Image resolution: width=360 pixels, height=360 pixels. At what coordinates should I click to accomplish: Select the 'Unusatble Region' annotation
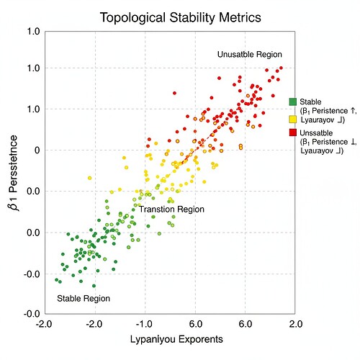pyautogui.click(x=250, y=55)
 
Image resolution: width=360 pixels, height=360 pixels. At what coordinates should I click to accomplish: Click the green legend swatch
pyautogui.click(x=293, y=102)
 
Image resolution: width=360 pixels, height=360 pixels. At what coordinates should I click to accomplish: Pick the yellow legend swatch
pyautogui.click(x=293, y=118)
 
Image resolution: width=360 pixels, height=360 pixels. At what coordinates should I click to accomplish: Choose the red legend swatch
pyautogui.click(x=293, y=132)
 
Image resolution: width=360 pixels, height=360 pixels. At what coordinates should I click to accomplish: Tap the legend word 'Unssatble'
pyautogui.click(x=318, y=132)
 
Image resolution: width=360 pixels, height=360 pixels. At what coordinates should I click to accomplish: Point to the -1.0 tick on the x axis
pyautogui.click(x=145, y=324)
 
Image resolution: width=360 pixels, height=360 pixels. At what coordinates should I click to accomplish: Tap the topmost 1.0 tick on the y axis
pyautogui.click(x=33, y=32)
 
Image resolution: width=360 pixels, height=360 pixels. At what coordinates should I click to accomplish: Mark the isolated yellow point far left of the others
pyautogui.click(x=89, y=178)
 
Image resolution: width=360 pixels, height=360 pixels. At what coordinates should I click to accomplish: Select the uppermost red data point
pyautogui.click(x=281, y=68)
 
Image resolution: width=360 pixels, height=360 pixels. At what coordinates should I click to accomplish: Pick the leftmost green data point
pyautogui.click(x=56, y=279)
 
